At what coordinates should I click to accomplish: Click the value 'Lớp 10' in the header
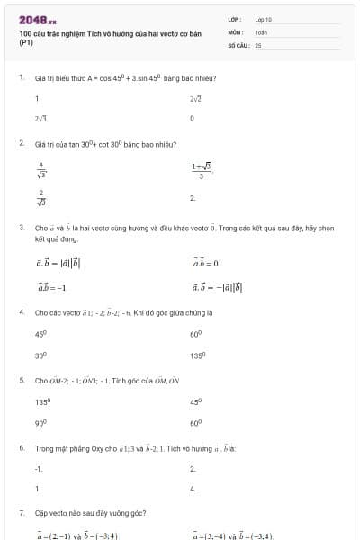(x=263, y=19)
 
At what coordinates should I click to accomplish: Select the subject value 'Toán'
(x=261, y=31)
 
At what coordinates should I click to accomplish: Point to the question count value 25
(x=258, y=44)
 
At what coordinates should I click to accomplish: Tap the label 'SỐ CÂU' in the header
(x=238, y=44)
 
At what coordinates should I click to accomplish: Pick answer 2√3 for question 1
(x=40, y=118)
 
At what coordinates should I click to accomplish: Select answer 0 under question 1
(x=193, y=118)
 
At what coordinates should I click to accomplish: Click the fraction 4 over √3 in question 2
(x=41, y=168)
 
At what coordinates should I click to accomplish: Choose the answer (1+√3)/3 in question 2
(x=201, y=169)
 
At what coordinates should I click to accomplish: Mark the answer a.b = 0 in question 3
(x=205, y=263)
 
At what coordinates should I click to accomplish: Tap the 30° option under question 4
(x=40, y=355)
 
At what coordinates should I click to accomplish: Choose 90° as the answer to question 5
(x=41, y=422)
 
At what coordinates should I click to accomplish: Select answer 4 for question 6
(x=193, y=489)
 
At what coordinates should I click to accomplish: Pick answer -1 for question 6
(x=39, y=468)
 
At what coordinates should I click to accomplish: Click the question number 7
(x=21, y=512)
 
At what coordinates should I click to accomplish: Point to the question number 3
(x=21, y=228)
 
